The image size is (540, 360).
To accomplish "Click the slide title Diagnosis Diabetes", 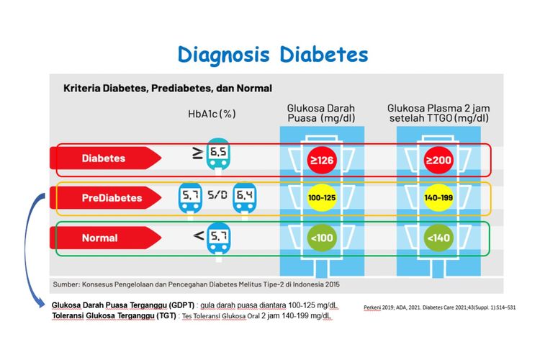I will [273, 55].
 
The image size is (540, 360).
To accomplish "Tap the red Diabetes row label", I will [104, 158].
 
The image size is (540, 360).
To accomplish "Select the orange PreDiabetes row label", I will [111, 197].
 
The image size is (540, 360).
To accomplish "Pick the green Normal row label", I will [99, 237].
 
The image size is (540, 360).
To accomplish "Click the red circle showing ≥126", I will [320, 160].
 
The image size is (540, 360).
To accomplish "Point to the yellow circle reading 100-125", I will [320, 197].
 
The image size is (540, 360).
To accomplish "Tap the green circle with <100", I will [320, 237].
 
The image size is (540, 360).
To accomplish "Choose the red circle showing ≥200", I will [438, 160].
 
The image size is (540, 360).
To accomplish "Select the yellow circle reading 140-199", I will [438, 197].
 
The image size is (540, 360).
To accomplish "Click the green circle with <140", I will [438, 237].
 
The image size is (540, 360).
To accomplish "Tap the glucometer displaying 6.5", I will [217, 156].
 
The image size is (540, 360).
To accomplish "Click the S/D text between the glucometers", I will [217, 195].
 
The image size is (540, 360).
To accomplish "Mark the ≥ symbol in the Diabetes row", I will [197, 152].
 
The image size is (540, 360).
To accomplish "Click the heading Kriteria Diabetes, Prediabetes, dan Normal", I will [167, 89].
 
